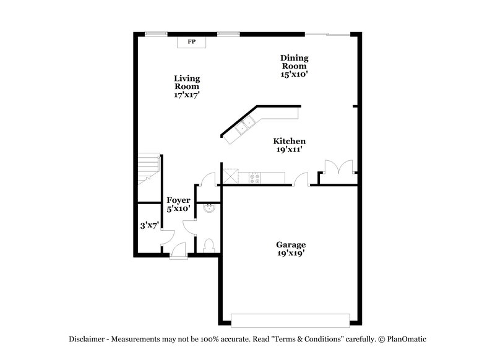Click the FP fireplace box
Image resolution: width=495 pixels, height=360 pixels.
coord(191,42)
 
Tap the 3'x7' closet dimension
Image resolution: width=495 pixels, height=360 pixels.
coord(148,226)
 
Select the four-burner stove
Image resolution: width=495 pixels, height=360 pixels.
coord(254,178)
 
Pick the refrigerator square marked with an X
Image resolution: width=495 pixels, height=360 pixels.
coord(231,177)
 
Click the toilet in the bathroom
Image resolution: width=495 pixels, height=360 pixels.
coord(209,245)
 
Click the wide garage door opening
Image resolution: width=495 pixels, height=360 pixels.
coord(290,320)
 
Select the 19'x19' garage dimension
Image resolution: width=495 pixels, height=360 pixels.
coord(291,253)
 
